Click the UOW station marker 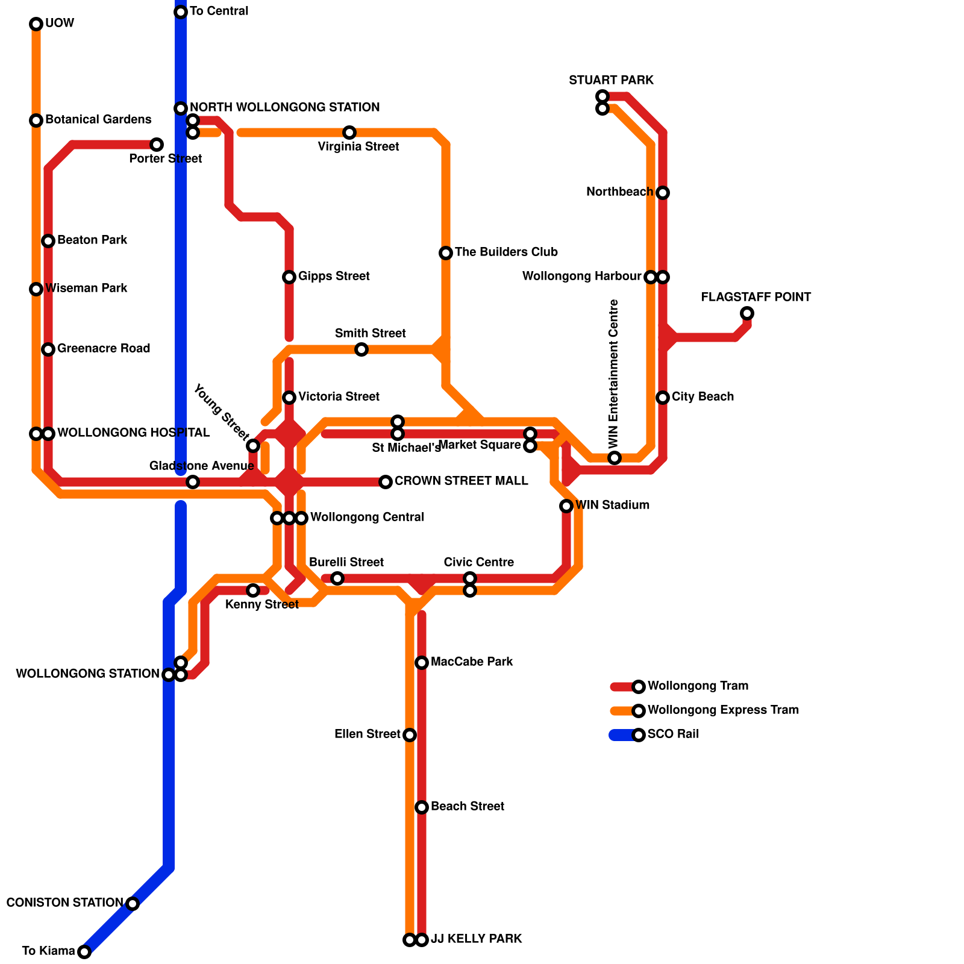[x=36, y=24]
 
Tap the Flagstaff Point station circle [x=747, y=313]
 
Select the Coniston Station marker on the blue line [x=133, y=903]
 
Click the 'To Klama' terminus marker [x=84, y=951]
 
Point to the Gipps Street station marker [x=289, y=277]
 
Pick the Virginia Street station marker [x=349, y=133]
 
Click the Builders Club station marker [x=446, y=253]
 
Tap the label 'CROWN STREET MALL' [x=461, y=481]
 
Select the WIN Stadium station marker [x=566, y=506]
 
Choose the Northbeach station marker [x=663, y=193]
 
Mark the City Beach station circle [x=663, y=398]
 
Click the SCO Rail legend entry [x=673, y=734]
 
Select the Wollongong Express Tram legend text [x=723, y=710]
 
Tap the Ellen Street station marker [x=410, y=735]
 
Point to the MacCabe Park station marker [x=422, y=663]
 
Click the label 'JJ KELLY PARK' [x=477, y=939]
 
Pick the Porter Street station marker [x=157, y=145]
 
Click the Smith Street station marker [x=361, y=349]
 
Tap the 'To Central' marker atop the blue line [x=181, y=12]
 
